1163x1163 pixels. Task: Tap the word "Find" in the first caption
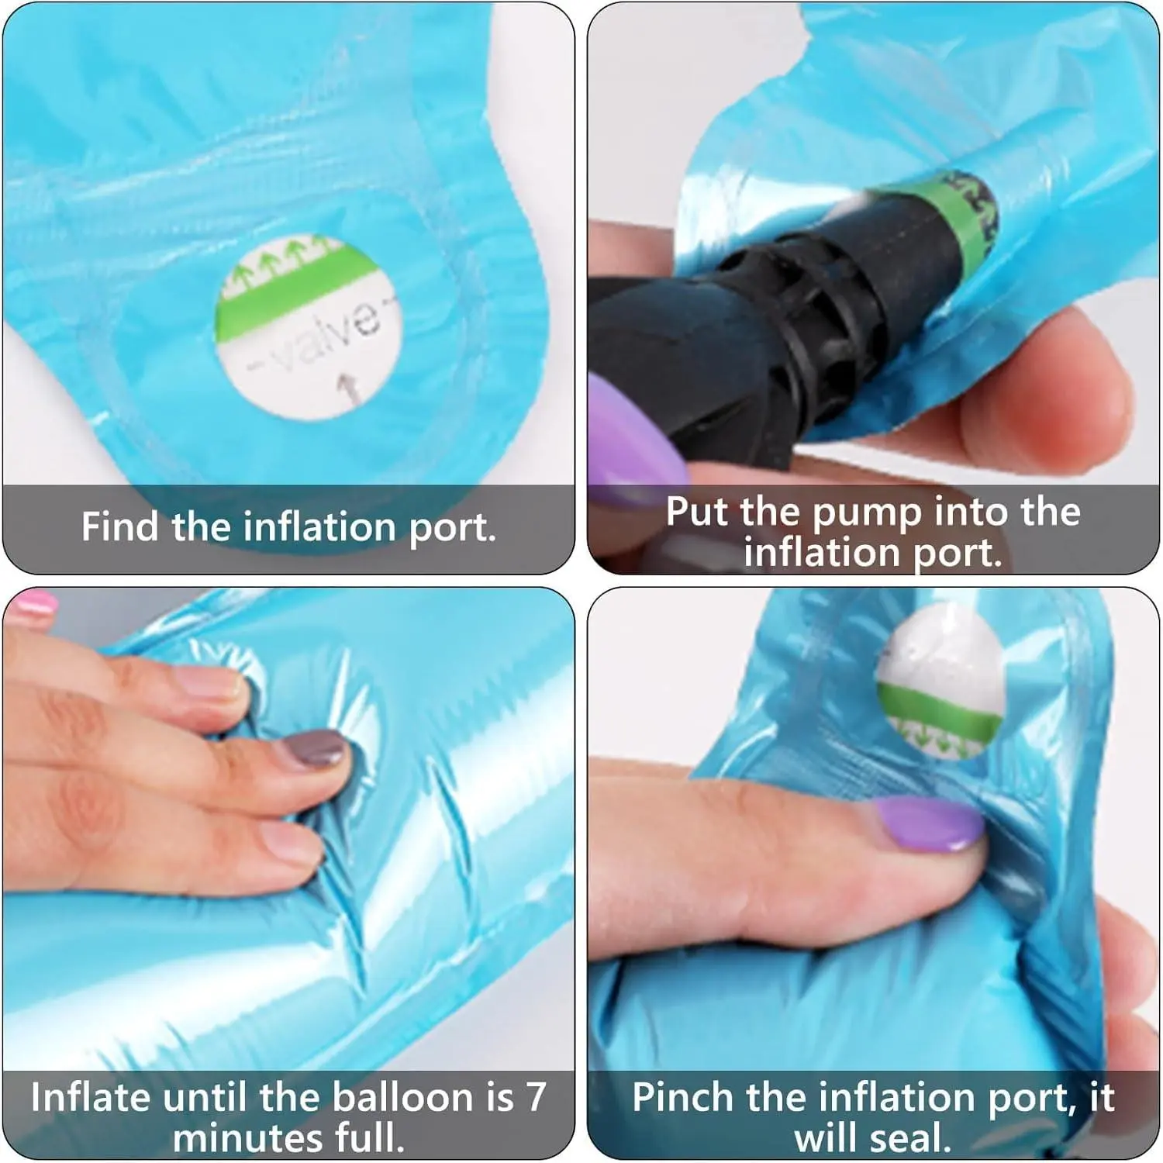(x=121, y=526)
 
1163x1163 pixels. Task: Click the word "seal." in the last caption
(x=907, y=1138)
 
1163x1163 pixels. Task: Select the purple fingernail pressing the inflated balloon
(x=930, y=823)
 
